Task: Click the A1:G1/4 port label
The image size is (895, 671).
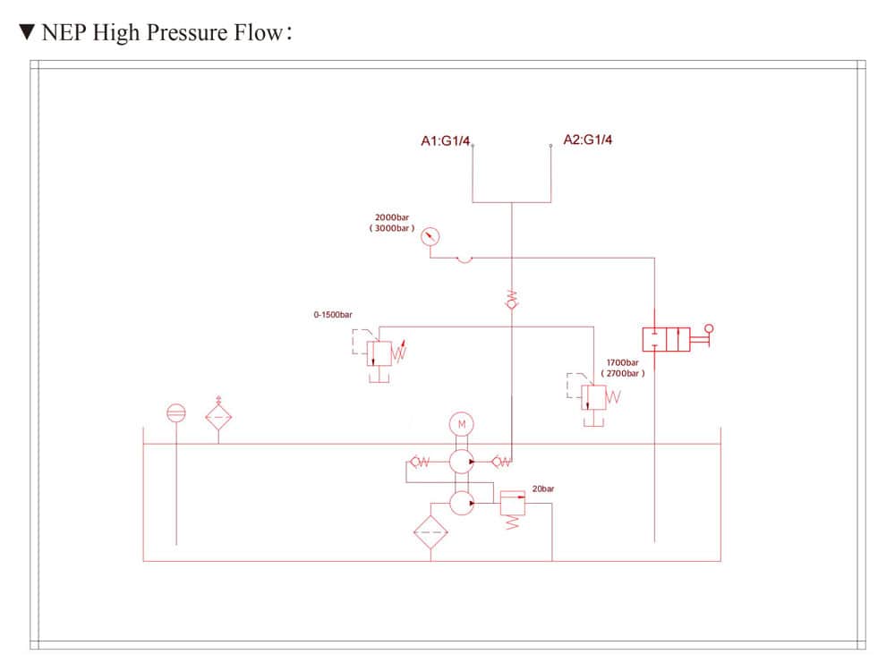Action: coord(445,140)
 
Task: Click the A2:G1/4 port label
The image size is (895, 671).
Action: coord(588,140)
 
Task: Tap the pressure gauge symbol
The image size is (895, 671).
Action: coord(431,236)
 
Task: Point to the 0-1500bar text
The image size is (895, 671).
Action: coord(333,315)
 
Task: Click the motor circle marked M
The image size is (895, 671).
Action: coord(462,422)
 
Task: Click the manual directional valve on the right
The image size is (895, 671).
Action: coord(667,339)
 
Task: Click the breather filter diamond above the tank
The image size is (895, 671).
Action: coord(219,417)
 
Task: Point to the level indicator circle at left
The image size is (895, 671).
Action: coord(176,413)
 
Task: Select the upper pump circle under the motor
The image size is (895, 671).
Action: coord(461,462)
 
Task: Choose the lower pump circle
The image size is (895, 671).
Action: coord(461,504)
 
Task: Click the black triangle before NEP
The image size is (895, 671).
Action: coord(27,33)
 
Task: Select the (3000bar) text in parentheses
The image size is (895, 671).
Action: coord(392,229)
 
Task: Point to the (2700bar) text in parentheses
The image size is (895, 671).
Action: coord(622,373)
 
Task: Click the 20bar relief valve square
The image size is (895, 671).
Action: coord(512,502)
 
